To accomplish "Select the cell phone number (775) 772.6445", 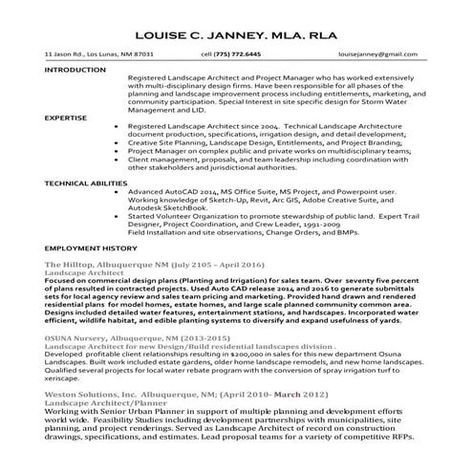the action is pos(238,54).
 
